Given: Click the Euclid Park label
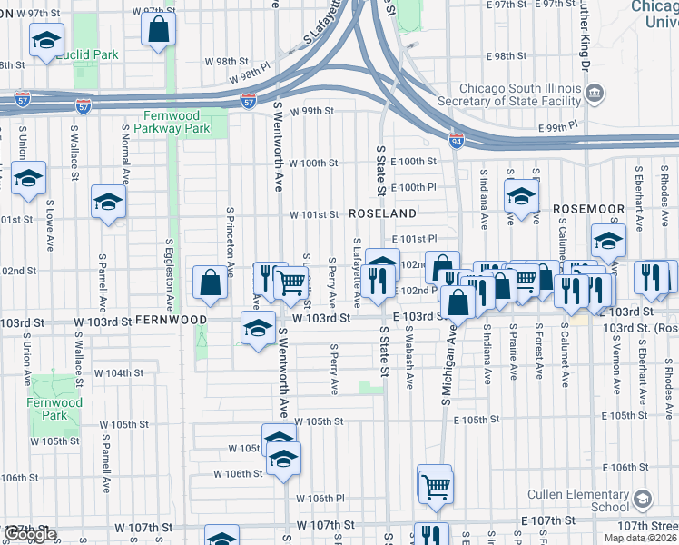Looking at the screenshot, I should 87,55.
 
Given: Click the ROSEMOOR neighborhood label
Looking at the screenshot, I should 591,209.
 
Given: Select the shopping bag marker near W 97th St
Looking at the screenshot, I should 159,29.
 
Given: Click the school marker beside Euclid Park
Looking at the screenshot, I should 45,41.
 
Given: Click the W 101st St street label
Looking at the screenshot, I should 314,215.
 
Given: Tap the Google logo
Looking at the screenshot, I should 30,534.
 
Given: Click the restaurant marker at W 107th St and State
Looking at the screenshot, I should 431,536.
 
